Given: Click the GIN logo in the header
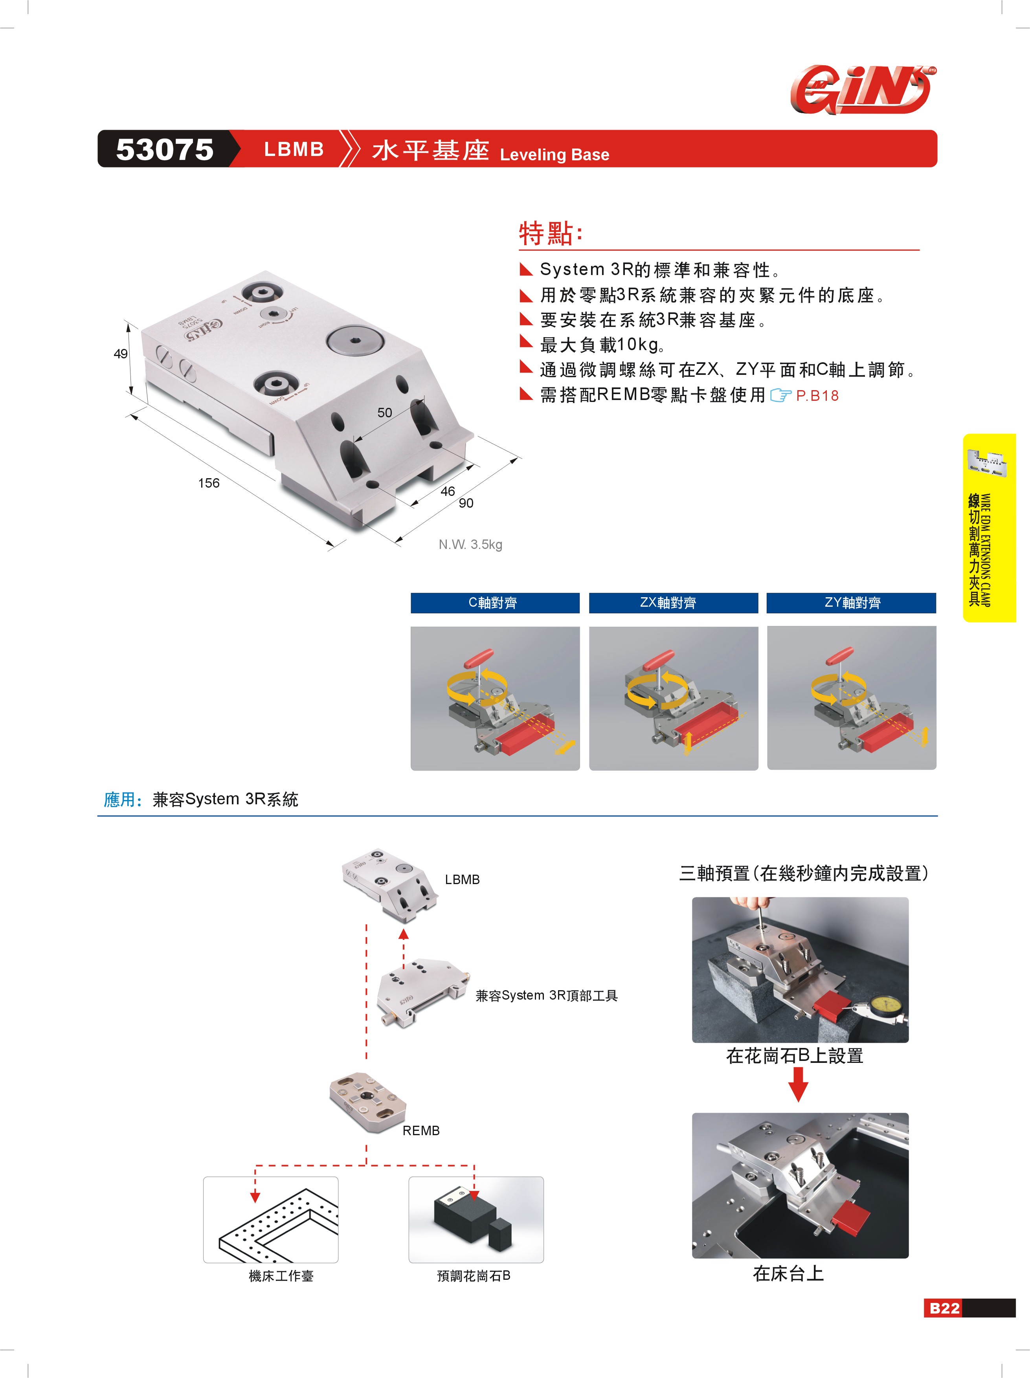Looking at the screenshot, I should coord(863,90).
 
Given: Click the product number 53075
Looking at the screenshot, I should coord(165,150).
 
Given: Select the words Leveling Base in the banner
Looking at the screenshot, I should coord(554,154).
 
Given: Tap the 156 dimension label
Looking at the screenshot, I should coord(209,483).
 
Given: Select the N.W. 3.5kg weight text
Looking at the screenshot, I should coord(470,545).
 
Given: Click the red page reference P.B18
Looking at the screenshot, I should coord(817,396).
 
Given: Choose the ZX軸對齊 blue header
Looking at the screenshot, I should coord(673,602).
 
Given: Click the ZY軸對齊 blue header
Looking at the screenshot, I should coord(851,602).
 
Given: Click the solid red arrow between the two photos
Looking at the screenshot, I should coord(798,1084).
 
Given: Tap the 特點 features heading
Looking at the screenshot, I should coord(551,234).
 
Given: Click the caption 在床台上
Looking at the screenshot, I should coord(788,1273).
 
